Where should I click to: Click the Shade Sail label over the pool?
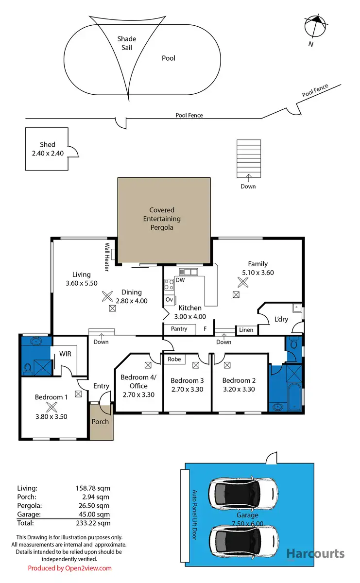pos(127,43)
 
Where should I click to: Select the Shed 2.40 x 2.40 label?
pos(48,148)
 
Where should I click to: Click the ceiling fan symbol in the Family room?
pos(242,282)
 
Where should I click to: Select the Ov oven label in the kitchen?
pos(169,300)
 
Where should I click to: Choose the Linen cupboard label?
pos(246,330)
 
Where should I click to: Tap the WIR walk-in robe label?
pos(66,354)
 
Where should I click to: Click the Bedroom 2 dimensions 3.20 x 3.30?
pos(239,389)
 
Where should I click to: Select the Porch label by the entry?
pos(101,421)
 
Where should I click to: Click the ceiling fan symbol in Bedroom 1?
pos(51,408)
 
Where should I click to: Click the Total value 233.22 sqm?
pos(96,523)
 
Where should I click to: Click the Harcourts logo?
pos(315,554)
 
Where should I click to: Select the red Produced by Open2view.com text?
pos(69,568)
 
